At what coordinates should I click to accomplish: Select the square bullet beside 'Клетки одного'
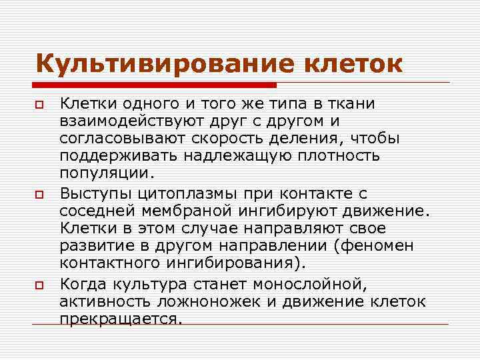click(x=40, y=105)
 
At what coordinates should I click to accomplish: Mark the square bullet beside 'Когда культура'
click(x=40, y=285)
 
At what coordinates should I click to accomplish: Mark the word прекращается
click(x=120, y=319)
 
